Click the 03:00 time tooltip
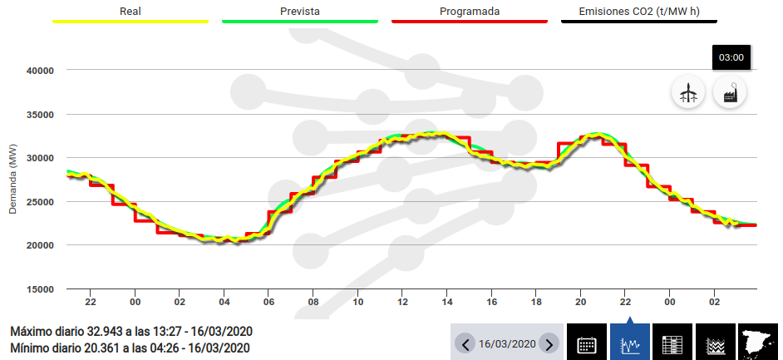coord(731,57)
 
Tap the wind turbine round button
coord(688,92)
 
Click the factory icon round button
coord(731,92)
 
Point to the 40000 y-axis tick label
coord(40,71)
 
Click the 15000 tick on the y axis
coord(40,289)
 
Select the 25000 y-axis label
coord(40,202)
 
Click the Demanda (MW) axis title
coord(12,179)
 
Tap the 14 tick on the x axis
coord(447,302)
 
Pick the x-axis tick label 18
coord(536,302)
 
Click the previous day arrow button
coord(465,344)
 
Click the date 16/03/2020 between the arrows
coord(506,344)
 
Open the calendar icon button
coord(587,343)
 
